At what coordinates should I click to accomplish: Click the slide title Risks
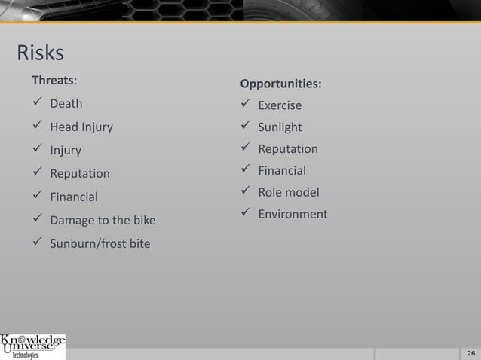[x=40, y=53]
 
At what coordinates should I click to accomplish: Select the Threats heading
[x=54, y=79]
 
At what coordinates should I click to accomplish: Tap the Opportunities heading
[x=280, y=83]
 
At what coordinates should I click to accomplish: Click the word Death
[x=66, y=103]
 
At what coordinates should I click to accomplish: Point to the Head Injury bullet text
[x=81, y=127]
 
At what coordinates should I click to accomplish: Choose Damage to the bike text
[x=103, y=221]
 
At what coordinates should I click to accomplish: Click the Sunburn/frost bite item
[x=100, y=244]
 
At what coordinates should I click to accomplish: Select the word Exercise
[x=280, y=105]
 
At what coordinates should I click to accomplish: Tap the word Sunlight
[x=280, y=127]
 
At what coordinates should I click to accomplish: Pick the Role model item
[x=289, y=192]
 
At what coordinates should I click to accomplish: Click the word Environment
[x=293, y=214]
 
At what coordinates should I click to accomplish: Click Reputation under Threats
[x=80, y=174]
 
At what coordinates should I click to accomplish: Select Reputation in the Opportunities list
[x=288, y=149]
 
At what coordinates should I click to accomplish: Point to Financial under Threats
[x=74, y=197]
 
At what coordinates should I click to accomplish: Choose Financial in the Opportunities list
[x=282, y=171]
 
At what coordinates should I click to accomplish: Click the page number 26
[x=471, y=354]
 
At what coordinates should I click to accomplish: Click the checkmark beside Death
[x=36, y=103]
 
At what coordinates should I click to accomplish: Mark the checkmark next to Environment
[x=244, y=214]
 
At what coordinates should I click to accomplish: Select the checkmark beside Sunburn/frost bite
[x=36, y=244]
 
